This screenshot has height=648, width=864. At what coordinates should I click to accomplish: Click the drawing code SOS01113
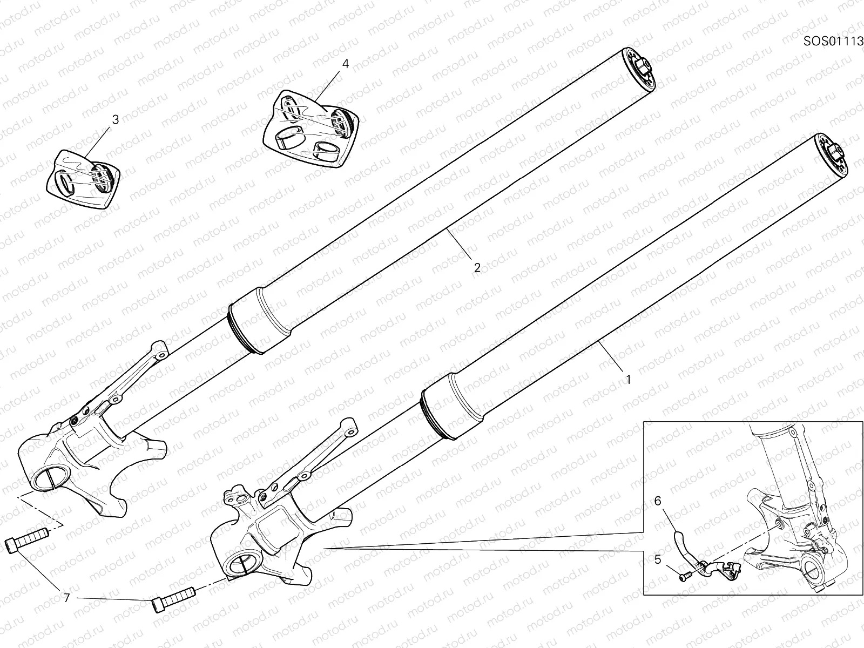[x=833, y=41]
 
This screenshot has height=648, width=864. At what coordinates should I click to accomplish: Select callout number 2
[x=477, y=267]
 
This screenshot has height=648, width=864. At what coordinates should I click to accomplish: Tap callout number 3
[x=114, y=120]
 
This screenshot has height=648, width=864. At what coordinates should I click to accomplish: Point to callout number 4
[x=345, y=64]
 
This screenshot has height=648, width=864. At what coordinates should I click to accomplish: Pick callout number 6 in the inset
[x=657, y=501]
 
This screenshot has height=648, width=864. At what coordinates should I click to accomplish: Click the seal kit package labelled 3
[x=83, y=178]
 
